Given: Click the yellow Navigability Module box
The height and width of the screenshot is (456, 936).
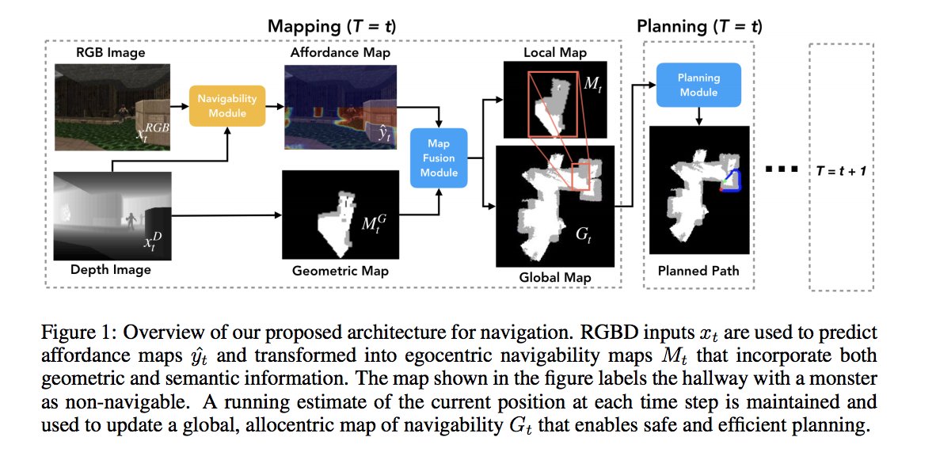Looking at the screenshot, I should click(x=227, y=105).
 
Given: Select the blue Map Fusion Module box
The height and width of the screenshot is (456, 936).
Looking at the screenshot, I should click(x=439, y=158).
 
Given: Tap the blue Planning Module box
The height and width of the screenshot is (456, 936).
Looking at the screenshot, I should click(x=698, y=85).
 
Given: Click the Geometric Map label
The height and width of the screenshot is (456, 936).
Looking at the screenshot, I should click(x=340, y=271).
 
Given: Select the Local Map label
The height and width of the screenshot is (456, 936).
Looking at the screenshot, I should click(x=555, y=52).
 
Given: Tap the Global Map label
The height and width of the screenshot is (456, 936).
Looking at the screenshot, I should click(x=554, y=278).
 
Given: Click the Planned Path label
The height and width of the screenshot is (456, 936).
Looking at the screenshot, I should click(x=698, y=271).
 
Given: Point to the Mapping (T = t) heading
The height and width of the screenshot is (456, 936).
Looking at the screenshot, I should click(x=332, y=26).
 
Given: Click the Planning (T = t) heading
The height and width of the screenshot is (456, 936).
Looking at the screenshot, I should click(x=699, y=26).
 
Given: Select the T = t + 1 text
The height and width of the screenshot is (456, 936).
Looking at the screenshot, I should click(x=840, y=170).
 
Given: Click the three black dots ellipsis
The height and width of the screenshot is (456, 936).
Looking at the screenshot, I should click(x=779, y=170).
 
